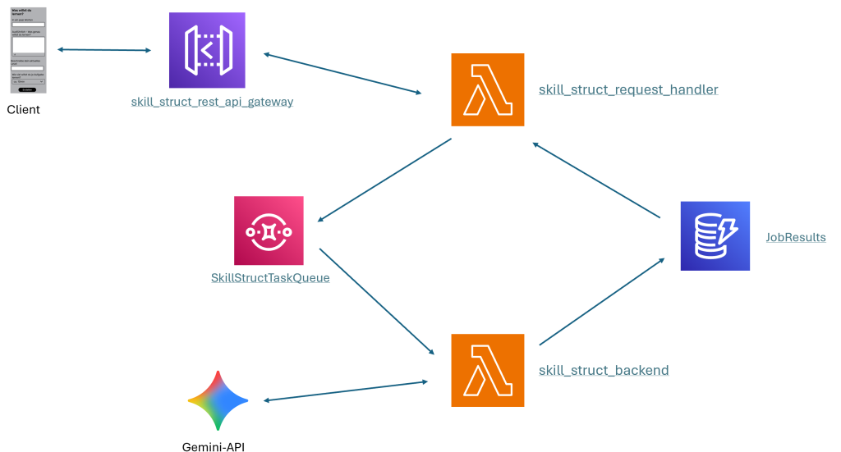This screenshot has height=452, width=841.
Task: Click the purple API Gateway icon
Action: [x=206, y=50]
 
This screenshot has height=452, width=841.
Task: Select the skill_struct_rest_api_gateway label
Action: [x=212, y=103]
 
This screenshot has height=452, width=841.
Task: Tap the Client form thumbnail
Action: [x=29, y=50]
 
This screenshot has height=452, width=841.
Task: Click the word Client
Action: [x=24, y=110]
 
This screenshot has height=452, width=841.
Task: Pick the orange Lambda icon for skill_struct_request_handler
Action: [x=487, y=89]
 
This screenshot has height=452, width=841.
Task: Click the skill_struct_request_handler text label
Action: [x=628, y=89]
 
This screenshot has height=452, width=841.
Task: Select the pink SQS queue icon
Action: [x=269, y=231]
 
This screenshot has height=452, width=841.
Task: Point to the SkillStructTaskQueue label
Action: [x=270, y=278]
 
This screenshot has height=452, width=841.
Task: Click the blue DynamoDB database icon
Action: [x=715, y=235]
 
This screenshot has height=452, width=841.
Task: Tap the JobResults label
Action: [x=795, y=238]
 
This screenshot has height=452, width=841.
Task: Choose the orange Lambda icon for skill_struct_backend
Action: [x=487, y=370]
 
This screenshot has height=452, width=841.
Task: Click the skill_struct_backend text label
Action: [x=604, y=371]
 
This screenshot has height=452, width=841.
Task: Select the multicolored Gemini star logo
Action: [x=218, y=400]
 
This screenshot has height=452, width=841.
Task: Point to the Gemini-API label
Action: [x=214, y=447]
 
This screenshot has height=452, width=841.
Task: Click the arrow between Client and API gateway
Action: [x=104, y=51]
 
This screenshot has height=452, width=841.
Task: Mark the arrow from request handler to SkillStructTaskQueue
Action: [x=384, y=180]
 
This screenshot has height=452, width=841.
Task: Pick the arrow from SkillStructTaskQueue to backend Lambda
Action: [x=376, y=301]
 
